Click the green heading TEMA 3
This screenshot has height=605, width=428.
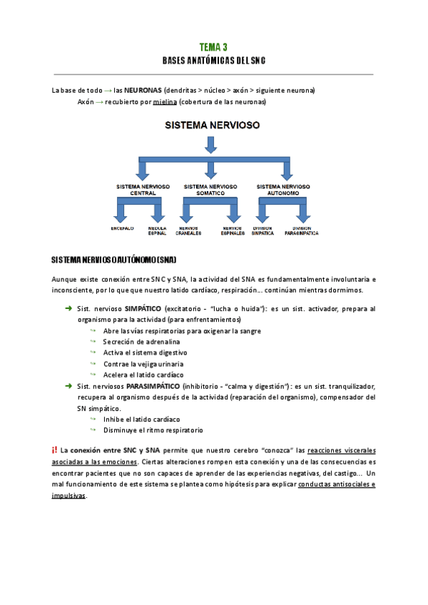click(x=213, y=47)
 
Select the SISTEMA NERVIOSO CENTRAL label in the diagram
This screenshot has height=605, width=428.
click(x=143, y=189)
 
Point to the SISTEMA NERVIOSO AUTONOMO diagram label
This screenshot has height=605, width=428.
click(x=282, y=189)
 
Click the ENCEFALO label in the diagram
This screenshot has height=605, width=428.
click(x=122, y=228)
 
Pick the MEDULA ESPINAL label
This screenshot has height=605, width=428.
click(x=158, y=230)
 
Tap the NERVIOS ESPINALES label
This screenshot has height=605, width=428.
click(x=233, y=230)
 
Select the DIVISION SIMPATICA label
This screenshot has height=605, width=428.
click(x=263, y=230)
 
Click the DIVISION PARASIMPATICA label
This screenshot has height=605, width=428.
click(x=301, y=230)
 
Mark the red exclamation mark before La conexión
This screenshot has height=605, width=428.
click(x=54, y=450)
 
